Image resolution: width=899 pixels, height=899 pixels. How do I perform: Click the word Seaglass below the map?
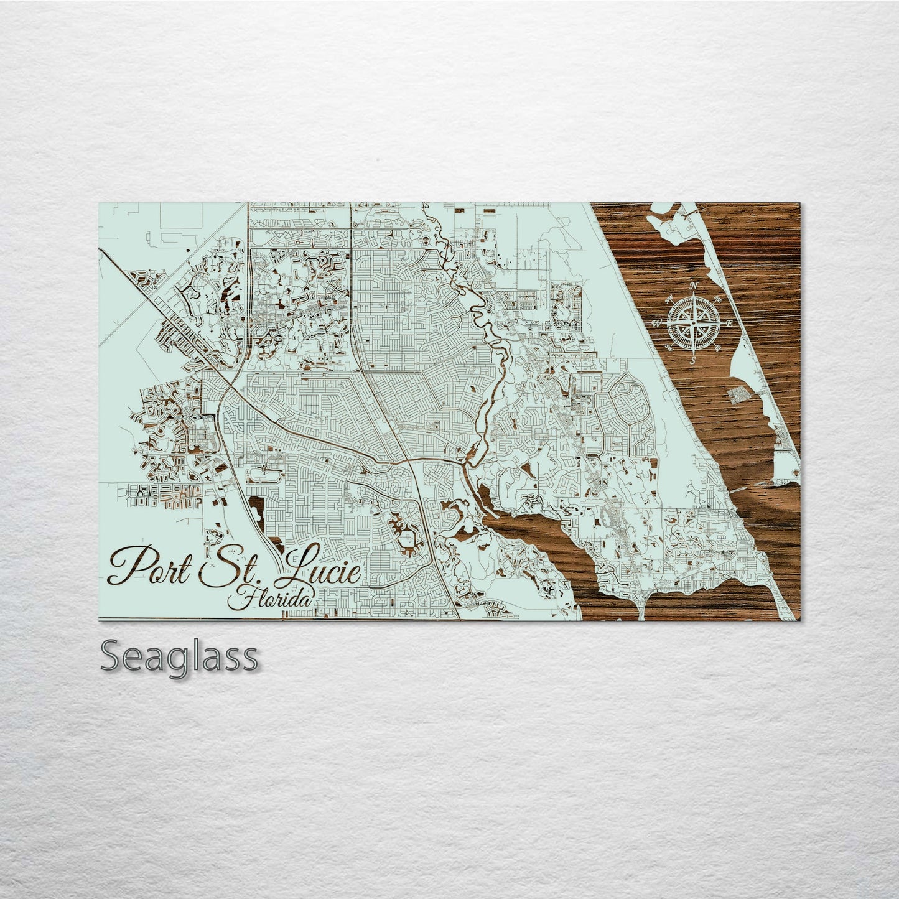pyautogui.click(x=179, y=657)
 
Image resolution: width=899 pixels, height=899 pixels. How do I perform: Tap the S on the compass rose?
pyautogui.click(x=692, y=360)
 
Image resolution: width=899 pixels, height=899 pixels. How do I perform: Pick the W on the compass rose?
pyautogui.click(x=656, y=323)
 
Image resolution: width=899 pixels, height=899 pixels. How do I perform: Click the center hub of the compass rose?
pyautogui.click(x=694, y=323)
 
